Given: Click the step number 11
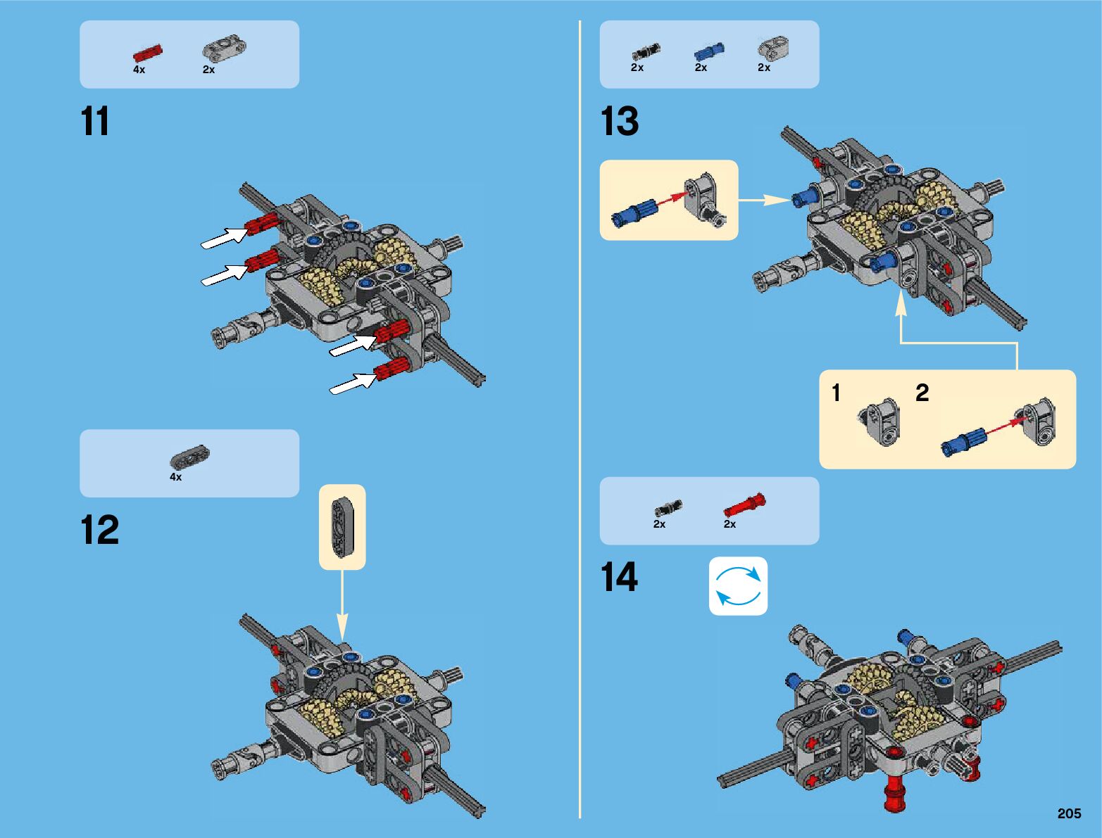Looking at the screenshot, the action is [x=96, y=122].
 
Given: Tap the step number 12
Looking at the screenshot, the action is [x=99, y=530].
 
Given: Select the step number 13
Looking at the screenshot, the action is [x=620, y=122].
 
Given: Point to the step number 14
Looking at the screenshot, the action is [x=619, y=578].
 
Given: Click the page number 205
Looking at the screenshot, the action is [x=1068, y=813].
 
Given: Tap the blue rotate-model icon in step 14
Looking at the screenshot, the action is [x=738, y=586].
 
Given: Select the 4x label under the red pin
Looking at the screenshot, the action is [x=139, y=70].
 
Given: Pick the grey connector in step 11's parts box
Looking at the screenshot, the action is [x=224, y=49].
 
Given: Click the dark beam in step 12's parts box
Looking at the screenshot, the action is [x=190, y=458].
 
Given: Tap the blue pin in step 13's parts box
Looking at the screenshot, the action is [x=708, y=52].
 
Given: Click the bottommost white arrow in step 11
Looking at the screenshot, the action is [x=351, y=384].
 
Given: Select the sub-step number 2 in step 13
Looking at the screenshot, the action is [x=922, y=393].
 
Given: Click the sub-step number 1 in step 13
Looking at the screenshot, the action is [x=836, y=393].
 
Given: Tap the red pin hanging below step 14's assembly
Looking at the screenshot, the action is [x=895, y=794].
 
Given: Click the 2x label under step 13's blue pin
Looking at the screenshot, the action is [x=701, y=68].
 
